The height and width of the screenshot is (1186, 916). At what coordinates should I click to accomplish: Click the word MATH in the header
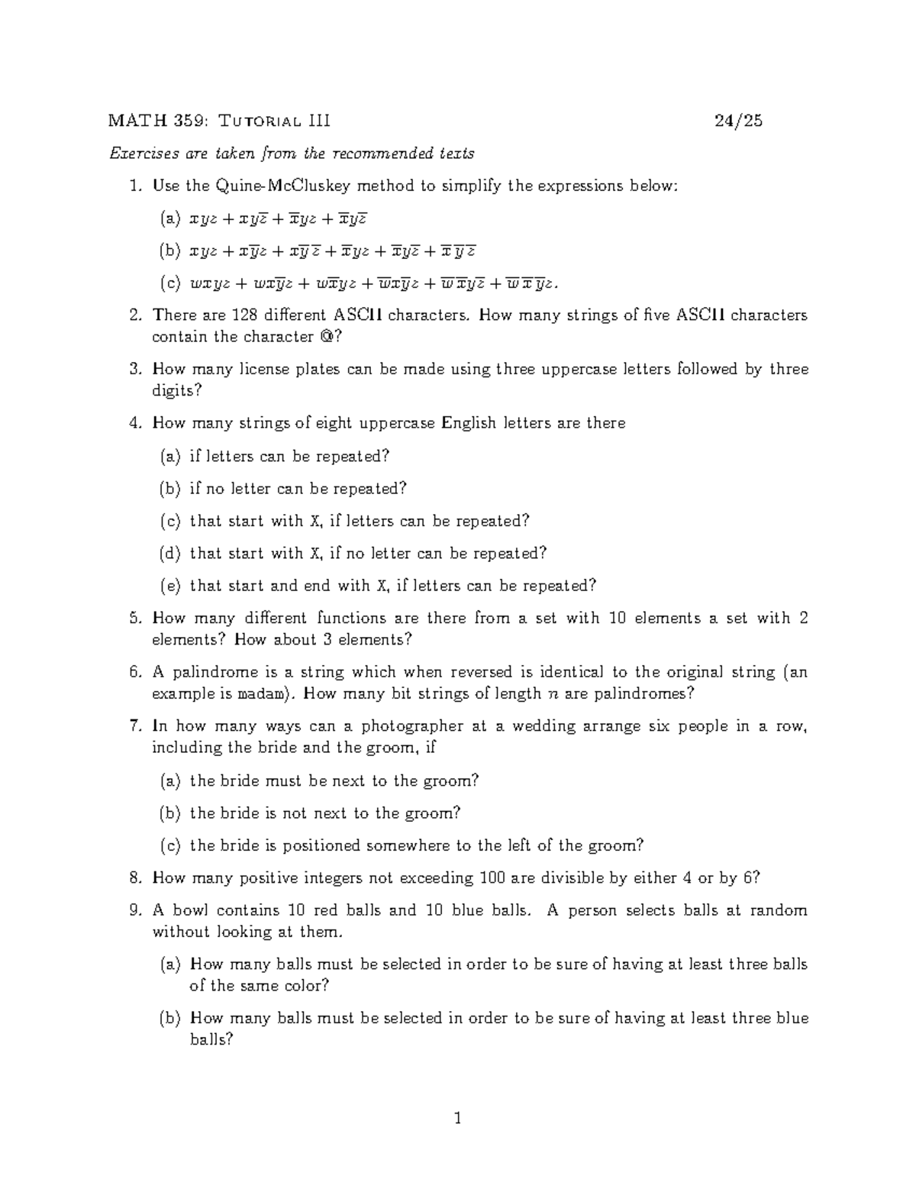click(127, 121)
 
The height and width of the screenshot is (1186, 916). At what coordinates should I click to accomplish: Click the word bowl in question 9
click(189, 910)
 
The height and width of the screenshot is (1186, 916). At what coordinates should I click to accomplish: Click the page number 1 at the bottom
click(458, 1120)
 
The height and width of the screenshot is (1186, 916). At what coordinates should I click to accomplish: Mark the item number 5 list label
click(135, 618)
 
